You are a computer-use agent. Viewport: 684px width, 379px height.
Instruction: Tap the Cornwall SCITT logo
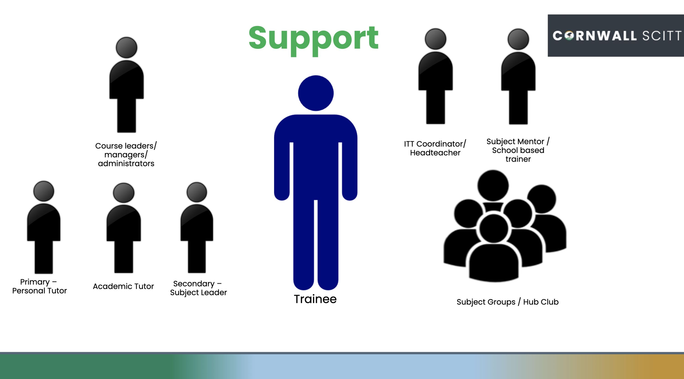point(616,36)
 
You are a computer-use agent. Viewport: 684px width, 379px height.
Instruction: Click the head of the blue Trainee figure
point(316,93)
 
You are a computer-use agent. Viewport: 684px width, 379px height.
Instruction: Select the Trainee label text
point(315,299)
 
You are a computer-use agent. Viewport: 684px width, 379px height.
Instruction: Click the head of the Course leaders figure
point(127,47)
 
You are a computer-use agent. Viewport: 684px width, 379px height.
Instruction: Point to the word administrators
point(126,163)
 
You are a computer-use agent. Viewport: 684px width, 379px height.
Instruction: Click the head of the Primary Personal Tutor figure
point(44,191)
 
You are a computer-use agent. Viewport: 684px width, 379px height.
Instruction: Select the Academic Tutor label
point(123,286)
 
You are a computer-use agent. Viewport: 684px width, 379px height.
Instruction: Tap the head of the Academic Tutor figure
point(124,193)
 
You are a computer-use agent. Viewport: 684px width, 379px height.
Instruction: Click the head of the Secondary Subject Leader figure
point(197,192)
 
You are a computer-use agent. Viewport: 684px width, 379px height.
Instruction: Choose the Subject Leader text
point(199,293)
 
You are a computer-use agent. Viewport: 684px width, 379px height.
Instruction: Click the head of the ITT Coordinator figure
point(435,39)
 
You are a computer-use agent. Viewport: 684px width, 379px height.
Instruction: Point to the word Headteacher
point(435,153)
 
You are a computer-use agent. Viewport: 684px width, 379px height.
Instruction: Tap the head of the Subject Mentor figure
point(518,39)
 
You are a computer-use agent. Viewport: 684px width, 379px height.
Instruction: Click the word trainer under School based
point(518,159)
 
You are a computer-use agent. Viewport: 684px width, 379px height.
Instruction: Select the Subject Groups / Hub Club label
point(508,302)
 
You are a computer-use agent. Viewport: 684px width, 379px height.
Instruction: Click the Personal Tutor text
point(39,291)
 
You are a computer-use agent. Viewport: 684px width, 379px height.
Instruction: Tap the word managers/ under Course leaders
point(126,155)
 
